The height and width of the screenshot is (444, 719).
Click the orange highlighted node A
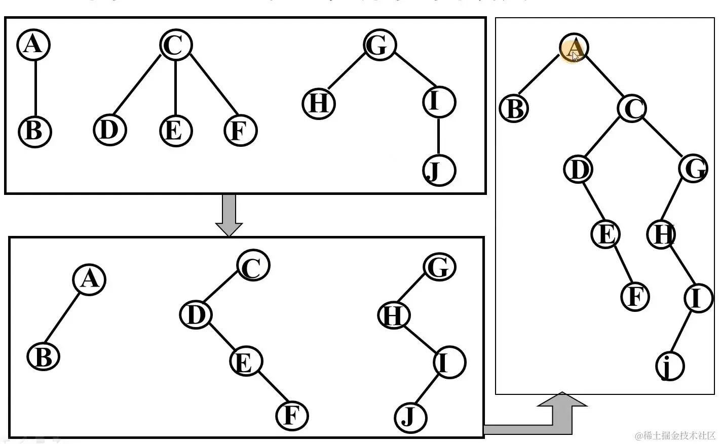(x=574, y=48)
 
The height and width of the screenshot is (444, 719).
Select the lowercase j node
(x=670, y=366)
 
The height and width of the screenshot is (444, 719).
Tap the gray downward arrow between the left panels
(x=229, y=215)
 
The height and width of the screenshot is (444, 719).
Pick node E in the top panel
(x=175, y=131)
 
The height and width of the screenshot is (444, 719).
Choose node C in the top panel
(x=175, y=45)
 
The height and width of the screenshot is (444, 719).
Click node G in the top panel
(x=379, y=45)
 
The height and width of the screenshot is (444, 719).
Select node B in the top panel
(x=34, y=131)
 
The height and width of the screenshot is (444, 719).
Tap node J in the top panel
(x=438, y=170)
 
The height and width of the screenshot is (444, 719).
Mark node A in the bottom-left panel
(x=89, y=279)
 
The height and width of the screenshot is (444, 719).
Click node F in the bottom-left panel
(x=292, y=416)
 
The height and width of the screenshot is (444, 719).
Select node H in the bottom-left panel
(x=394, y=315)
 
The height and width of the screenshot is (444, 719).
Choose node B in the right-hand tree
(x=514, y=108)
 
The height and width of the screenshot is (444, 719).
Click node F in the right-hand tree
(x=635, y=297)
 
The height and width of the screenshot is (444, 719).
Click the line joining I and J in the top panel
(x=438, y=136)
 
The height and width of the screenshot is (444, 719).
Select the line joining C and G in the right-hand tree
(x=663, y=138)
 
